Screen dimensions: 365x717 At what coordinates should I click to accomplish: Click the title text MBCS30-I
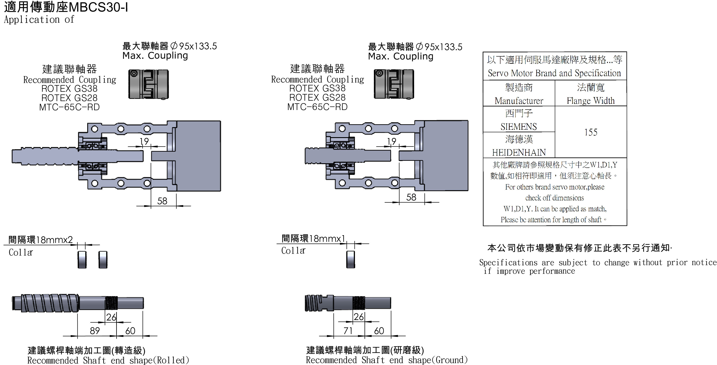[98, 7]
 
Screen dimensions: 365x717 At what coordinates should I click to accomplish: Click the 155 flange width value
[590, 132]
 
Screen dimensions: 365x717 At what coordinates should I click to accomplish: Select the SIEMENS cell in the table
[519, 126]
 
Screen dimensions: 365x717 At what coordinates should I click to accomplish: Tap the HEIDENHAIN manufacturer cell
[519, 152]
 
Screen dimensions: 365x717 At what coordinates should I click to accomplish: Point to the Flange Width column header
[590, 100]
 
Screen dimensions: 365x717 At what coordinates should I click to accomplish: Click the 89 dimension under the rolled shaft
[95, 331]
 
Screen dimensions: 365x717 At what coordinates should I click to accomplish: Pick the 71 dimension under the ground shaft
[348, 331]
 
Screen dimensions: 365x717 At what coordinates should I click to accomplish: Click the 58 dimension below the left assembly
[162, 201]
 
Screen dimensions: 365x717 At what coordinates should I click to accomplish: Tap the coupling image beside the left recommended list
[148, 84]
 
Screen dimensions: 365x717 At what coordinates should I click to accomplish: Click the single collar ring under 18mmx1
[350, 259]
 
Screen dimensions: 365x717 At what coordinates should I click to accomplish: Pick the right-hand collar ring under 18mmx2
[103, 260]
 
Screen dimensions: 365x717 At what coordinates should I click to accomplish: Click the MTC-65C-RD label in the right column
[317, 107]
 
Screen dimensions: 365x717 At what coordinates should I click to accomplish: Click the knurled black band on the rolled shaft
[111, 303]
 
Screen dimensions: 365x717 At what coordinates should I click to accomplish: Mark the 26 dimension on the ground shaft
[358, 317]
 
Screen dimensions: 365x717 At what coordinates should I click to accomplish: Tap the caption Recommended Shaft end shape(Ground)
[386, 360]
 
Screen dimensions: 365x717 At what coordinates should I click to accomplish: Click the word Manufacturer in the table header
[519, 101]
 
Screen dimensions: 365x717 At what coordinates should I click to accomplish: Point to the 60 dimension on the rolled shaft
[130, 331]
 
